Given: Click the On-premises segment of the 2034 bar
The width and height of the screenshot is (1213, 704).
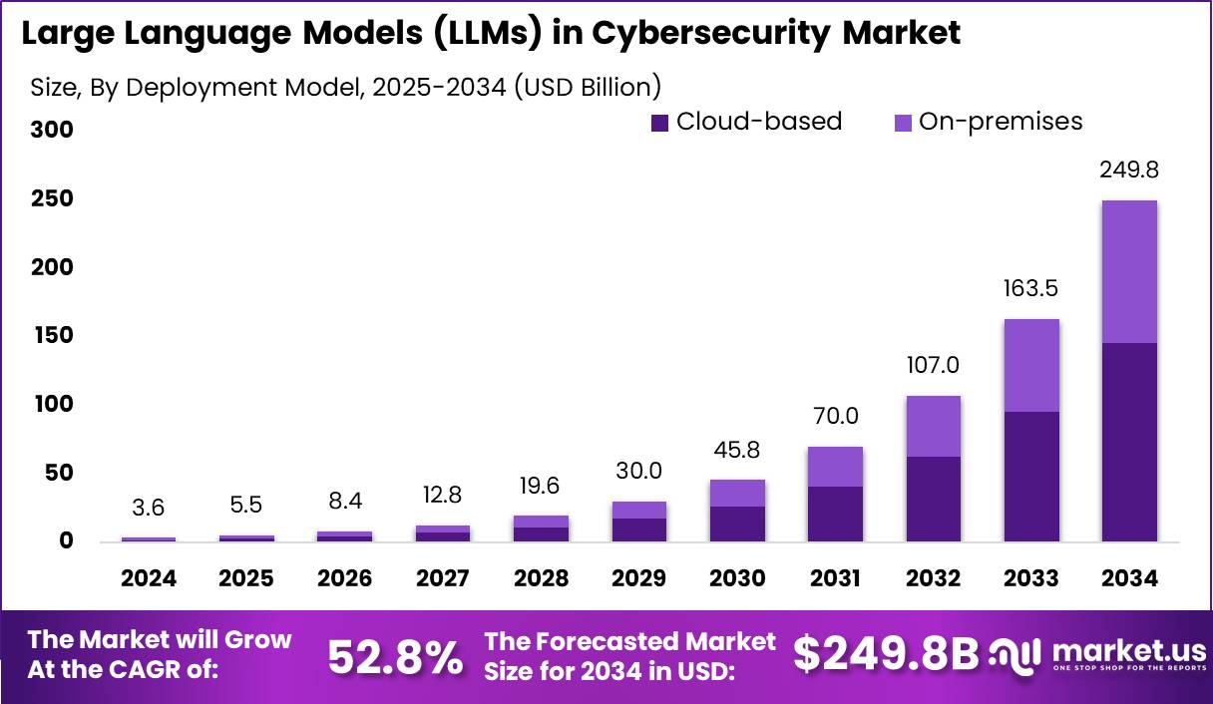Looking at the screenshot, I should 1129,271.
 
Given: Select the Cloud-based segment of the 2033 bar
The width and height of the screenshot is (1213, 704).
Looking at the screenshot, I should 1031,477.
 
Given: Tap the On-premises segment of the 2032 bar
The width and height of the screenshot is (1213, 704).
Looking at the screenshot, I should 933,426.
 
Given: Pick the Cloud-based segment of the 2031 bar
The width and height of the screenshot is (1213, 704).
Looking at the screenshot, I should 835,514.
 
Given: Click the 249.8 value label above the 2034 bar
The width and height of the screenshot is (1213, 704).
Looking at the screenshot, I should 1129,171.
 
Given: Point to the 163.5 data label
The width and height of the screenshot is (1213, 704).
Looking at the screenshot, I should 1031,289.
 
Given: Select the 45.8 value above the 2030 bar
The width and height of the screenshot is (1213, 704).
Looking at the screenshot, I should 737,450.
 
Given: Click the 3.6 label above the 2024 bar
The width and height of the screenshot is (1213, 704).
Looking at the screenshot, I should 149,507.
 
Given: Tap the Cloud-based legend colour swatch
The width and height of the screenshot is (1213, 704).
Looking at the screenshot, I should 659,123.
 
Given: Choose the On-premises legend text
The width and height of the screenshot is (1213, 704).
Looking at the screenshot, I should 1001,122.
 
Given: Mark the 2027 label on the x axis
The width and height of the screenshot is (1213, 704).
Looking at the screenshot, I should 443,578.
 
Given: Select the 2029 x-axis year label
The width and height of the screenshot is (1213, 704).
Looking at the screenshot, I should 639,578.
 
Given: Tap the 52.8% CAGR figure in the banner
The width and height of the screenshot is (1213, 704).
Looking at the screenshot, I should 395,657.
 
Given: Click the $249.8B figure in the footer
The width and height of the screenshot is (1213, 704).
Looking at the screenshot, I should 886,654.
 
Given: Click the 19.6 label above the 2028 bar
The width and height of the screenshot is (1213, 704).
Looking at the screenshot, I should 541,486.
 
